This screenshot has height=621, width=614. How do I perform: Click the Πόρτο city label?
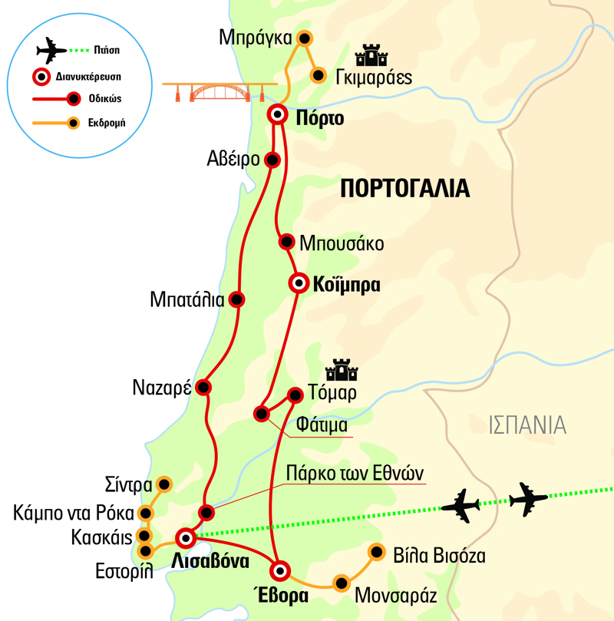318,118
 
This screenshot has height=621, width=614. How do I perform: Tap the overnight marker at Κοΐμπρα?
298,283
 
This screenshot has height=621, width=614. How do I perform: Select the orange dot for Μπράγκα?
305,38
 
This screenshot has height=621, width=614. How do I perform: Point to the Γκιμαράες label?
374,78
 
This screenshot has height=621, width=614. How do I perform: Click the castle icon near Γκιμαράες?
370,56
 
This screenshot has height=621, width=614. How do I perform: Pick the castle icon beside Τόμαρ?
342,370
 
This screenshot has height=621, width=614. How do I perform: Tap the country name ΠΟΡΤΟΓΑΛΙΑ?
404,188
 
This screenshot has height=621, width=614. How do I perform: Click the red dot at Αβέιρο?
271,160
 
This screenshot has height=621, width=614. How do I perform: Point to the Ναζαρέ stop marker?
203,387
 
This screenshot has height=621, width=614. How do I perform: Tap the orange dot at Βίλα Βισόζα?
376,551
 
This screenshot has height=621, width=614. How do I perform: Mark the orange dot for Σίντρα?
163,484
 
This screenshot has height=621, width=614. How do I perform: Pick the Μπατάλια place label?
188,300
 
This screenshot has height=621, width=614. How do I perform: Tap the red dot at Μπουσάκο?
286,241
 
